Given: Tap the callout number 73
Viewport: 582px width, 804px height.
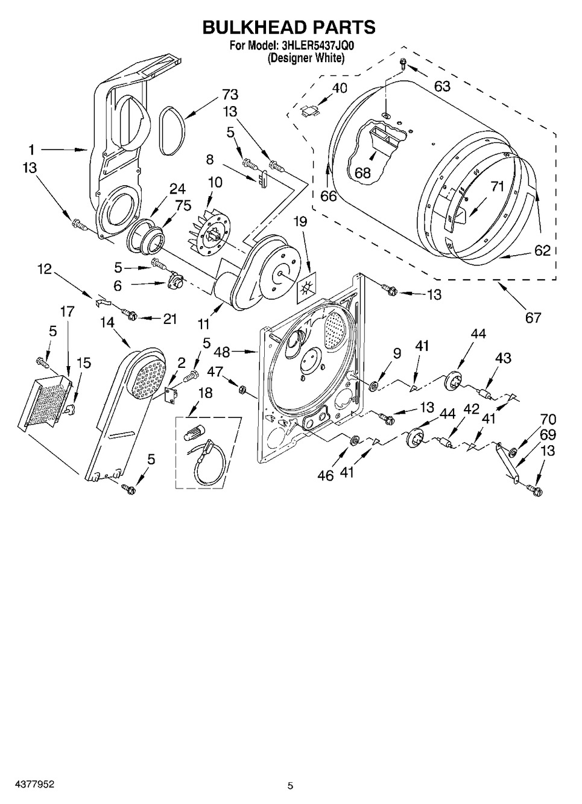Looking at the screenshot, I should [x=230, y=94].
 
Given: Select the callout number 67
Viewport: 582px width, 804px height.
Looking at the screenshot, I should [x=533, y=317].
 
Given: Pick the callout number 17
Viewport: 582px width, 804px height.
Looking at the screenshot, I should [x=67, y=311].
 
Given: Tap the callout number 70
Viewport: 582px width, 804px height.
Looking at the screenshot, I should [x=548, y=419].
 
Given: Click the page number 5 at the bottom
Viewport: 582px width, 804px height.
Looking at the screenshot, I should [x=290, y=785].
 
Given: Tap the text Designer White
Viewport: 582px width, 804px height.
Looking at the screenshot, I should [x=306, y=58].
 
